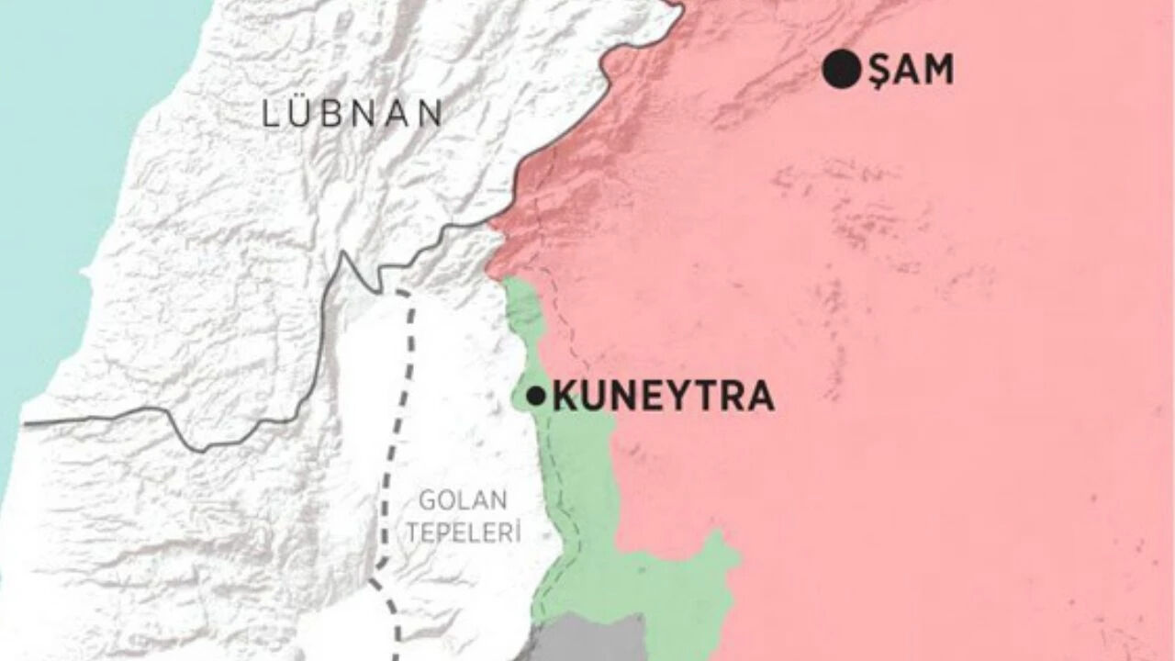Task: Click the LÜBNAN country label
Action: point(352,114)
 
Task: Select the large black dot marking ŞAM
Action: point(841,71)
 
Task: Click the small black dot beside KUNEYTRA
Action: point(535,397)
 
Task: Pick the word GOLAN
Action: point(463,501)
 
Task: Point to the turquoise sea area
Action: point(55,138)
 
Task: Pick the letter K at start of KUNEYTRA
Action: point(565,398)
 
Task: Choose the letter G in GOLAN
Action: point(428,501)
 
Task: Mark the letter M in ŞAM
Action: point(937,71)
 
